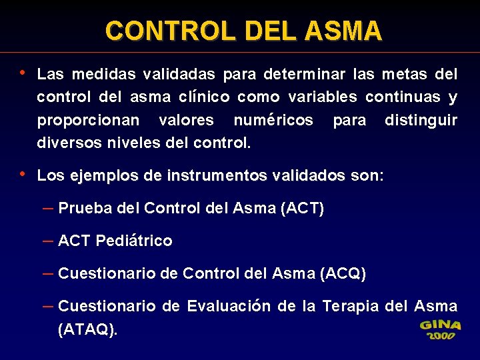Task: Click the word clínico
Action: pyautogui.click(x=203, y=97)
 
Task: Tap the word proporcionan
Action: pyautogui.click(x=88, y=120)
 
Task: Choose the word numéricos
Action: pyautogui.click(x=273, y=120)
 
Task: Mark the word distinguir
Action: pyautogui.click(x=421, y=120)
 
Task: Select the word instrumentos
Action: pyautogui.click(x=217, y=175)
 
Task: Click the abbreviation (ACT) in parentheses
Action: pyautogui.click(x=303, y=209)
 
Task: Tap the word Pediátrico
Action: pyautogui.click(x=134, y=241)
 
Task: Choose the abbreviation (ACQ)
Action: pyautogui.click(x=343, y=273)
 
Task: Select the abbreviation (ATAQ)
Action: pyautogui.click(x=88, y=329)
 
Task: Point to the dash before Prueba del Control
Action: pyautogui.click(x=48, y=208)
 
